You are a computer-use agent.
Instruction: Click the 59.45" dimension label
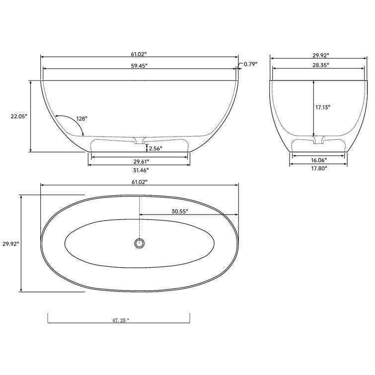[140, 66]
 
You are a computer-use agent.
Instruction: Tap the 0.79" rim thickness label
[250, 64]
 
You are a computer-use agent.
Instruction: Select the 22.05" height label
[19, 116]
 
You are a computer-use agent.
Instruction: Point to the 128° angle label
[82, 119]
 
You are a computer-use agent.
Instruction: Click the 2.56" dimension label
[155, 148]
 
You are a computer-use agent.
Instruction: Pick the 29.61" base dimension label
[141, 161]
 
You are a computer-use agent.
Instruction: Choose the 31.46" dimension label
[141, 170]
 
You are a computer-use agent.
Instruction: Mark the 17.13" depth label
[323, 107]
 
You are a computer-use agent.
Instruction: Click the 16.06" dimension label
[318, 160]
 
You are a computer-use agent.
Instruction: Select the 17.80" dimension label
[319, 168]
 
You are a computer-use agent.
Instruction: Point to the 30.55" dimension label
[180, 211]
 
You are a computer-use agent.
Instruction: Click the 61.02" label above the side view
[140, 52]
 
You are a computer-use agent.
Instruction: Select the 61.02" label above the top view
[140, 182]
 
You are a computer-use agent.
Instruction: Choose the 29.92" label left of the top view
[11, 244]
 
